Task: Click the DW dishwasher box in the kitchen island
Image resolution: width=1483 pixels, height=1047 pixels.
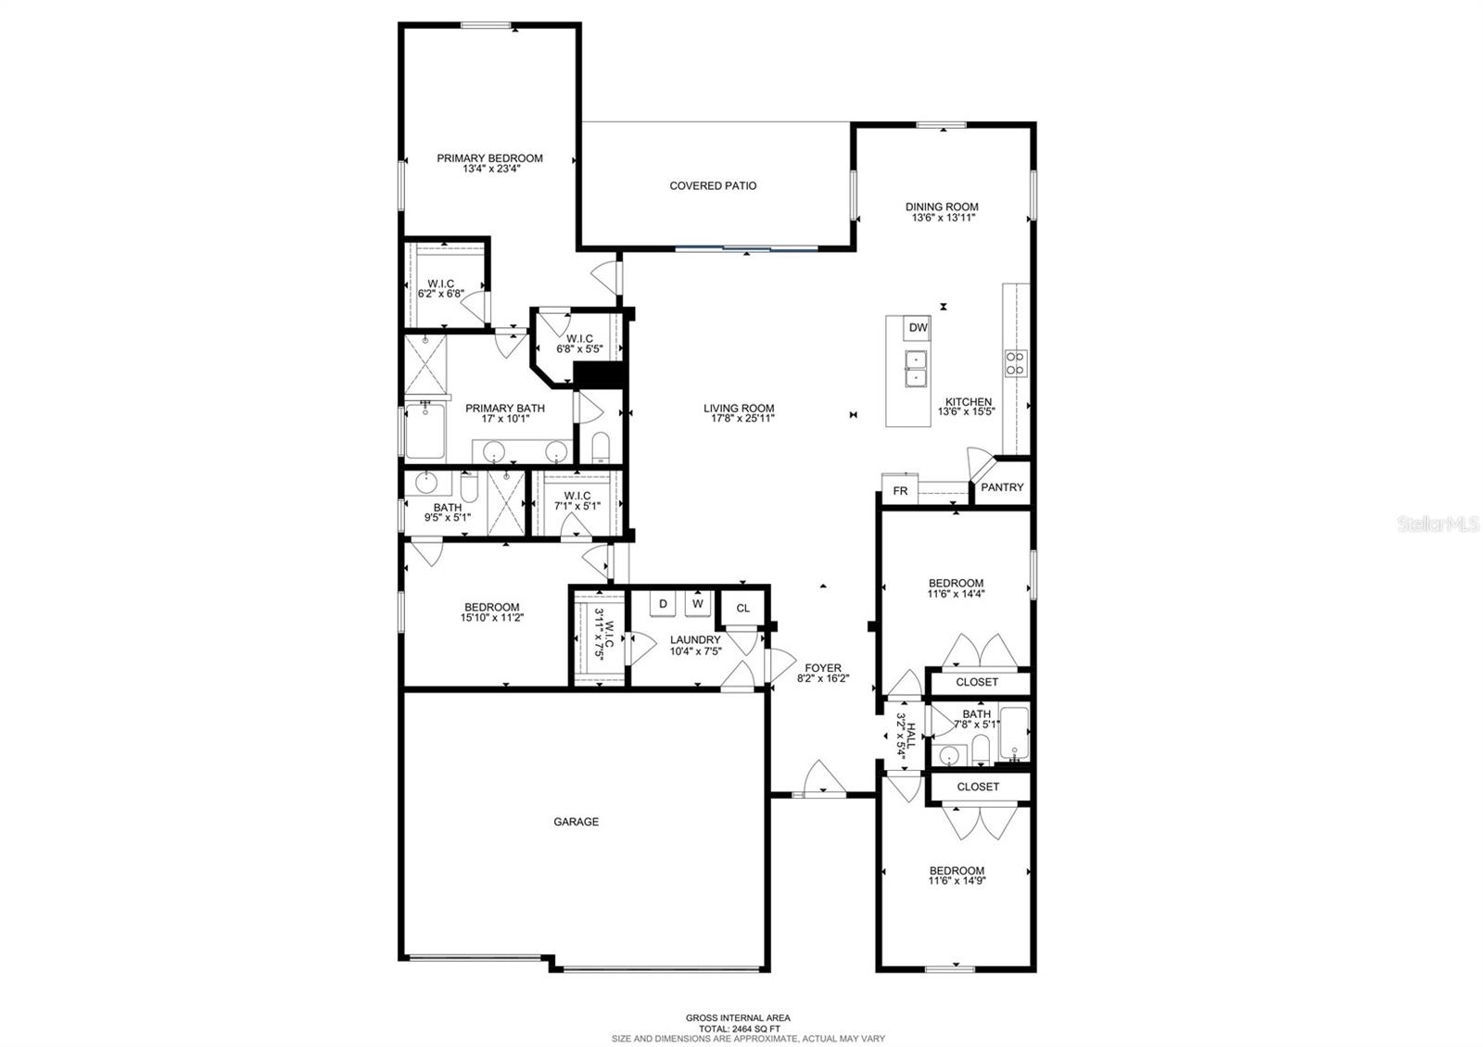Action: (x=918, y=327)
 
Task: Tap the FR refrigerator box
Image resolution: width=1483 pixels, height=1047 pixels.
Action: (x=900, y=491)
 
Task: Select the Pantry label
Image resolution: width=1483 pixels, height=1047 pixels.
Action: (x=1002, y=487)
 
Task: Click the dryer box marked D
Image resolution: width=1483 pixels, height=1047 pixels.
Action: (x=663, y=603)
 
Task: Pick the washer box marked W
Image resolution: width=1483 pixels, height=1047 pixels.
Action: (x=698, y=603)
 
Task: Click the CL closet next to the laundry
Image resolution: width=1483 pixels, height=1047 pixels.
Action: (x=742, y=608)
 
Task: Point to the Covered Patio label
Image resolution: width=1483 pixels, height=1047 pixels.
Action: (x=713, y=186)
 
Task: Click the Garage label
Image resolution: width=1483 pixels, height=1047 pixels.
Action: (x=576, y=822)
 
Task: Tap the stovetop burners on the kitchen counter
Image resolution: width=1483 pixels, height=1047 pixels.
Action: (x=1015, y=363)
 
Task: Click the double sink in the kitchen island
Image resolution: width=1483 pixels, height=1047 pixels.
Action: (x=916, y=368)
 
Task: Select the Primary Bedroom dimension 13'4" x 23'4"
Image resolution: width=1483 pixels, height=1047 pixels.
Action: (x=489, y=170)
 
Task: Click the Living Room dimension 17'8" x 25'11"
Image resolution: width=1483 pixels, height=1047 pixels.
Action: (x=739, y=419)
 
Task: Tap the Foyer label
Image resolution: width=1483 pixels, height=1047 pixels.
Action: (x=822, y=667)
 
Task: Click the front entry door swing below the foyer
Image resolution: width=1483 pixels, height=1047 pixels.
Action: (x=821, y=778)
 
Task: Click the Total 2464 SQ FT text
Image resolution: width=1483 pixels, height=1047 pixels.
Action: (x=738, y=1028)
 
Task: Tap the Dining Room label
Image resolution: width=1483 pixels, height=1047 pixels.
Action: (x=942, y=207)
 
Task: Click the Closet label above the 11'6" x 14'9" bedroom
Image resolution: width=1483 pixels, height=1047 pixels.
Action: (x=977, y=787)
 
